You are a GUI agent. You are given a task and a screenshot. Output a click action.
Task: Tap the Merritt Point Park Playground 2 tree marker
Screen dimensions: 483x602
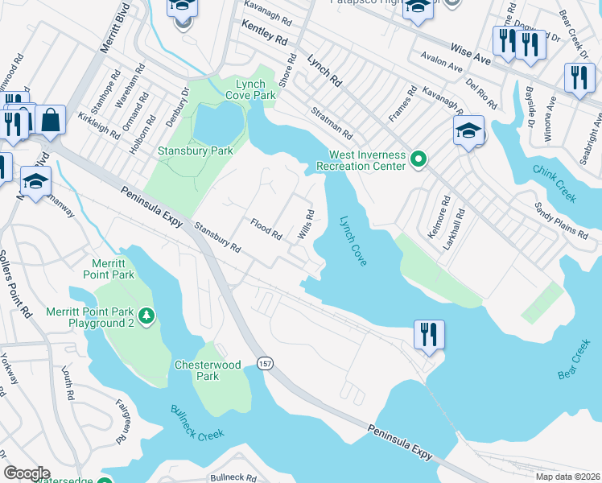point(146,314)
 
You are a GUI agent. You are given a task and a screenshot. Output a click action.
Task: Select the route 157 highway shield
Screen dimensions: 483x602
point(265,364)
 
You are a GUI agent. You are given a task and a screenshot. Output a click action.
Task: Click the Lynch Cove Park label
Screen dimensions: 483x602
point(256,89)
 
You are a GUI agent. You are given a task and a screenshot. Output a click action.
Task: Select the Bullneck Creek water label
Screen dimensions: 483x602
point(198,423)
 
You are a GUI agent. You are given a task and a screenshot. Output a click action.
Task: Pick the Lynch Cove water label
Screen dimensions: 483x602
point(353,241)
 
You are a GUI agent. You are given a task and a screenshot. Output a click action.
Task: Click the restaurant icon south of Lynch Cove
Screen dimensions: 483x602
point(428,333)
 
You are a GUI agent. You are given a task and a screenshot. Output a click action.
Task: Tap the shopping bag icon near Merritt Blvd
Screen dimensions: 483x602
point(50,121)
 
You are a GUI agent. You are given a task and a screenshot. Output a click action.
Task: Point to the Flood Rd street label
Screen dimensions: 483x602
point(266,229)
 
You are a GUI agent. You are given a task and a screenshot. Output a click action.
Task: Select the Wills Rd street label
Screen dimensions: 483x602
point(306,225)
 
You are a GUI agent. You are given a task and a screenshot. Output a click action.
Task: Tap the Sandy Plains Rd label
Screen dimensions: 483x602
point(561,221)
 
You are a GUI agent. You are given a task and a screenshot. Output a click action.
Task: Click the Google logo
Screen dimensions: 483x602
point(27,473)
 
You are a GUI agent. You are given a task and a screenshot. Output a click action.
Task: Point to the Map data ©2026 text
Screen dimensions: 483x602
point(567,477)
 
